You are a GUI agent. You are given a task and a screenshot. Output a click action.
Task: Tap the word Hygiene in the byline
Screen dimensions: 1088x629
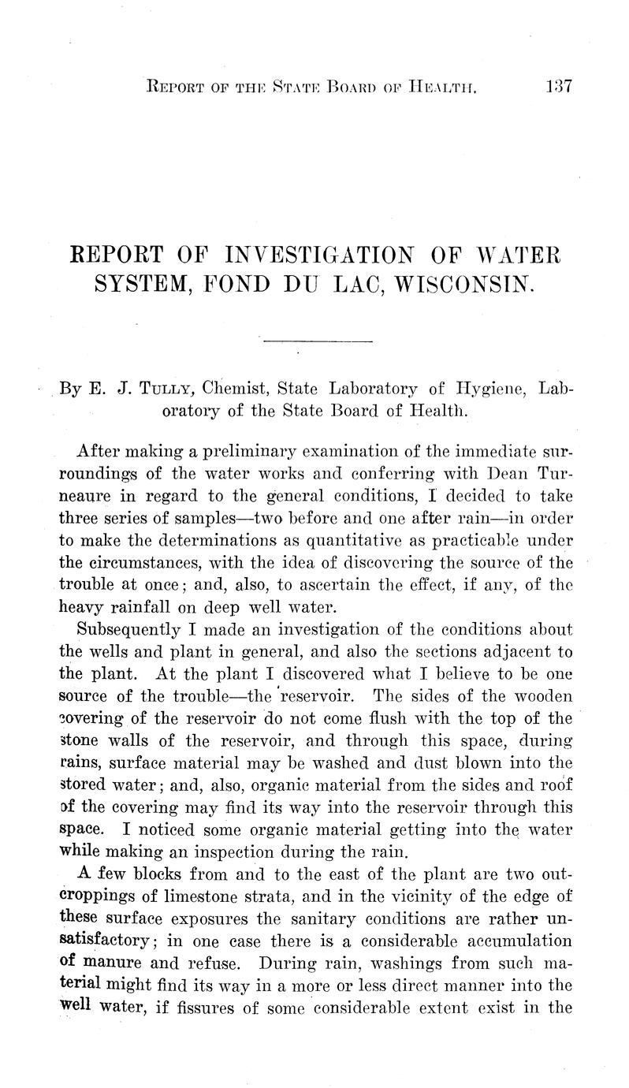(x=489, y=389)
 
